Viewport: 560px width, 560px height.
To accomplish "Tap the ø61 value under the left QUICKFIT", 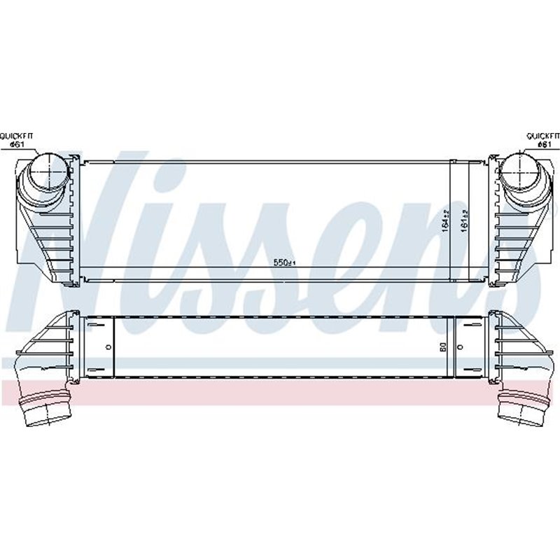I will (x=17, y=144).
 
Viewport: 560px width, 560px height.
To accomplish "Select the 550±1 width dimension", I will (x=284, y=263).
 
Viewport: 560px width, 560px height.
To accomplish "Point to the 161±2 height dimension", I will (x=461, y=221).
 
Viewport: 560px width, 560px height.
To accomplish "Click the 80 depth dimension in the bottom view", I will (x=442, y=346).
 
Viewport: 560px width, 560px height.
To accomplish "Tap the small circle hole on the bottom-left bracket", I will (x=108, y=346).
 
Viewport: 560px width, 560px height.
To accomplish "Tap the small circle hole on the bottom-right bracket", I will (x=460, y=346).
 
